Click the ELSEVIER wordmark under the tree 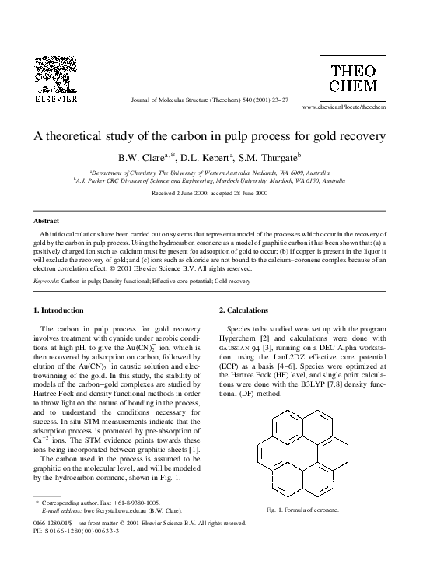(55, 99)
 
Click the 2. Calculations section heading (246, 310)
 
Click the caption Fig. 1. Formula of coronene (302, 510)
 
